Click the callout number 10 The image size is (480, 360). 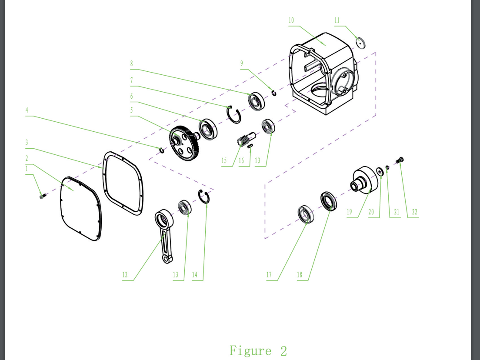click(291, 20)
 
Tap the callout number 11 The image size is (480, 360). click(337, 20)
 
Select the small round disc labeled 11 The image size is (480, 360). click(360, 43)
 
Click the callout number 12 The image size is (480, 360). click(125, 275)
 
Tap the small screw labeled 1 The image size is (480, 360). click(43, 196)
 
